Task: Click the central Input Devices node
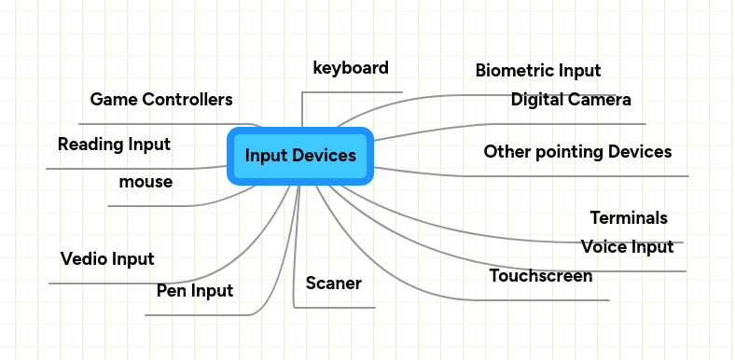(x=299, y=156)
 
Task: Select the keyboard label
(x=351, y=68)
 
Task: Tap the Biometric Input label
(x=538, y=70)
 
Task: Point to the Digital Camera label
(x=571, y=100)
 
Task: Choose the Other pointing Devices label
(x=577, y=151)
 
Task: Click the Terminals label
(x=629, y=218)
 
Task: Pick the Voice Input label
(x=627, y=247)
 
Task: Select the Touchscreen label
(x=541, y=276)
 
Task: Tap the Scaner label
(x=333, y=283)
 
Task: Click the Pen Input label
(x=195, y=292)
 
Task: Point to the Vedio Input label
(x=107, y=258)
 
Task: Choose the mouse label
(x=146, y=182)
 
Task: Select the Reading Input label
(x=114, y=145)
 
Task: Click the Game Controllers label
(x=161, y=99)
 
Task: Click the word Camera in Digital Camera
(x=602, y=100)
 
